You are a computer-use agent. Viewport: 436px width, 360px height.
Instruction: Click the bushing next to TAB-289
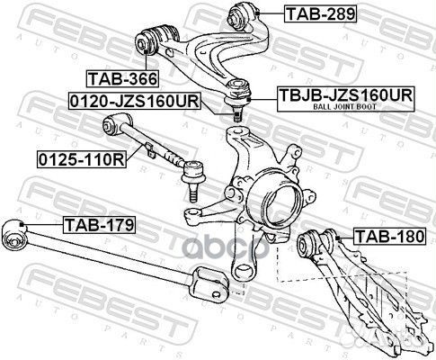244,14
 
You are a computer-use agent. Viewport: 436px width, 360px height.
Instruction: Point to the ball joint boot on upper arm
237,87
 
